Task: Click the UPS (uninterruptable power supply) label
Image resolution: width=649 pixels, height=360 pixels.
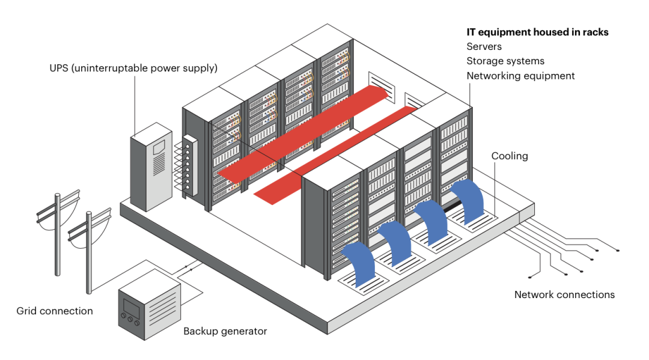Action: (x=133, y=69)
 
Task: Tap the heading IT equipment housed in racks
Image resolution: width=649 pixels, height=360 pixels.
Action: (x=537, y=32)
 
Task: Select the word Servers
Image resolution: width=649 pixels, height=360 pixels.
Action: (x=484, y=46)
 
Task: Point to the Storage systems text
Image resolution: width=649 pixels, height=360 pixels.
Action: (x=505, y=61)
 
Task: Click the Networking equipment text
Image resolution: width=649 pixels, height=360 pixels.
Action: (x=520, y=76)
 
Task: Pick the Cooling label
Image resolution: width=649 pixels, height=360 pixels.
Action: (x=510, y=156)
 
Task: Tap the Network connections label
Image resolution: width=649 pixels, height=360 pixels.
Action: (x=564, y=294)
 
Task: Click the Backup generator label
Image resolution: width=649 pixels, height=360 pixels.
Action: (x=225, y=331)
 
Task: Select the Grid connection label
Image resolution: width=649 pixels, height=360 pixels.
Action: (x=55, y=311)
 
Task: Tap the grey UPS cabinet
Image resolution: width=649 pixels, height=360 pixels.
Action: (x=151, y=168)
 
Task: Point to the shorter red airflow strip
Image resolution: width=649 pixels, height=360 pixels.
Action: (x=337, y=154)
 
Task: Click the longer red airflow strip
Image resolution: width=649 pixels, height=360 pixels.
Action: (x=300, y=132)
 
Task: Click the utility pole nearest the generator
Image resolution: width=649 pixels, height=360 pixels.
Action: (x=88, y=252)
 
